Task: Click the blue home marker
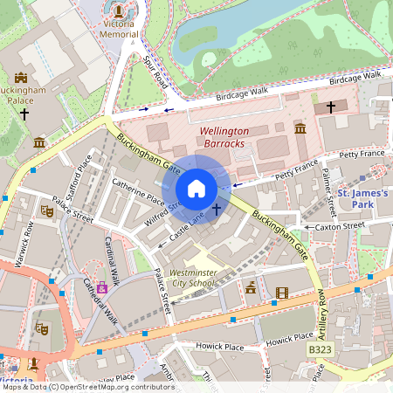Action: coord(196,189)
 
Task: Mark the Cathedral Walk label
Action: coord(100,300)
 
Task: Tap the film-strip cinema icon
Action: coord(281,293)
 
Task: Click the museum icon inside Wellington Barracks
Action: coord(300,129)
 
